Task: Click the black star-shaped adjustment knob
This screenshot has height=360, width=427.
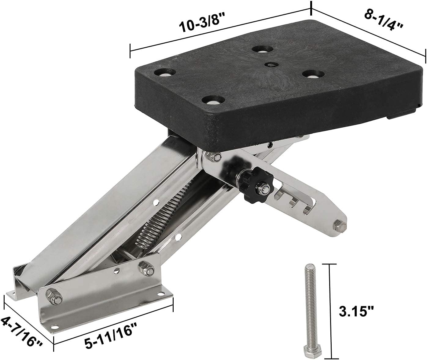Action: [x=254, y=183]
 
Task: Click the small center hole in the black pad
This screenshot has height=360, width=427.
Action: [x=269, y=65]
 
